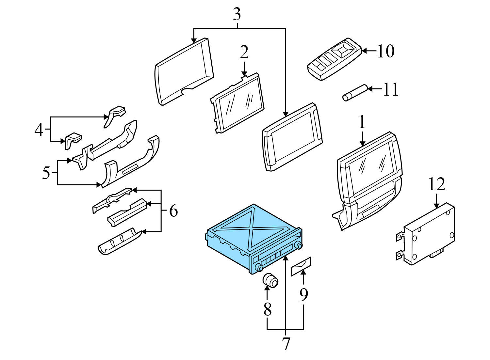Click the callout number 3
237,14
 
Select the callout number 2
244,52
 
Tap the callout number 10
386,51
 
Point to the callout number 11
391,89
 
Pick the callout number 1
362,122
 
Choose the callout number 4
39,130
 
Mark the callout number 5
46,173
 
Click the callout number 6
173,211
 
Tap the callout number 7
286,344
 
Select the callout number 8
268,309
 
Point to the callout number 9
303,295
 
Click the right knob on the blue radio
298,245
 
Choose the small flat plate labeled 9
301,266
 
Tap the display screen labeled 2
237,103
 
